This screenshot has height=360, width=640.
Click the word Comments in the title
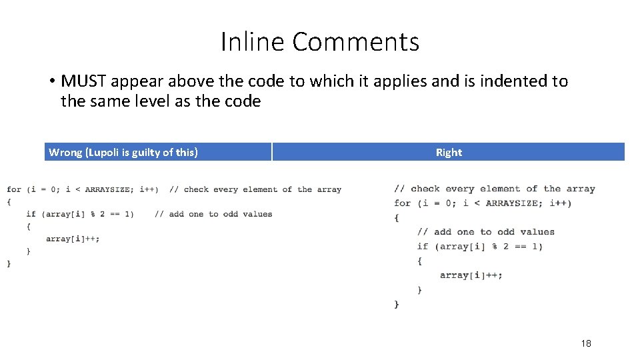pyautogui.click(x=355, y=42)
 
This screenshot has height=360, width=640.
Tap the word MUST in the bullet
pyautogui.click(x=84, y=81)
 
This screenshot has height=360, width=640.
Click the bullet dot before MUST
pyautogui.click(x=51, y=82)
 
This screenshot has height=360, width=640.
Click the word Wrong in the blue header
pyautogui.click(x=65, y=152)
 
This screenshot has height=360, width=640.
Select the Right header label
pyautogui.click(x=449, y=152)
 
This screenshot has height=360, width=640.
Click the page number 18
pyautogui.click(x=585, y=343)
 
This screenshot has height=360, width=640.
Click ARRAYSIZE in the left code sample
pyautogui.click(x=108, y=189)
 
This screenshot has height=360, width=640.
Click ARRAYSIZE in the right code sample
pyautogui.click(x=511, y=203)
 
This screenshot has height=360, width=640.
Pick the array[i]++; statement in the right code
pyautogui.click(x=471, y=275)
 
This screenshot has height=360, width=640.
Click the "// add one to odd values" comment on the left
pyautogui.click(x=213, y=214)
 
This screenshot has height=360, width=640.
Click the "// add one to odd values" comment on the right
pyautogui.click(x=486, y=232)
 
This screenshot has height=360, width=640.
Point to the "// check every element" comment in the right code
pyautogui.click(x=495, y=189)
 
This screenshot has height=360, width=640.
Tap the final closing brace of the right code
pyautogui.click(x=397, y=304)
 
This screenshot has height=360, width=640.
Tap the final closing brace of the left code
pyautogui.click(x=9, y=263)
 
